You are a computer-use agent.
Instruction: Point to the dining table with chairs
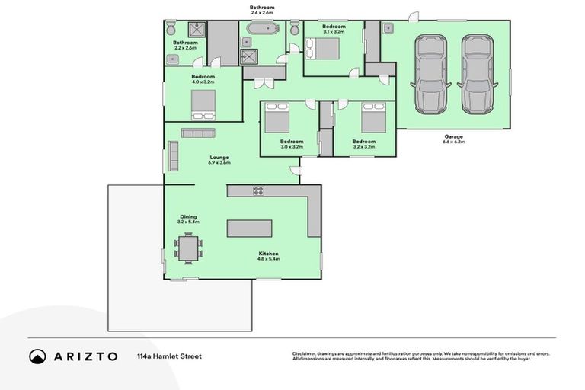(189, 247)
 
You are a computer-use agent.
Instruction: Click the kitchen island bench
(250, 229)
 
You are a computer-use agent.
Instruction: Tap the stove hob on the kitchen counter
(258, 190)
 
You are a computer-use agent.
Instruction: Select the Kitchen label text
(268, 253)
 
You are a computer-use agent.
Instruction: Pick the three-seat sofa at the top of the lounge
(198, 133)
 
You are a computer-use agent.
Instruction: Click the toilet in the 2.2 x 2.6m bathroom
(171, 29)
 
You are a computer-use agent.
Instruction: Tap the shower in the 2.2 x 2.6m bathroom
(197, 28)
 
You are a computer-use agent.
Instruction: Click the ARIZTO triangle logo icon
(37, 356)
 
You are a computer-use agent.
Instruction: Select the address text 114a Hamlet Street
(169, 356)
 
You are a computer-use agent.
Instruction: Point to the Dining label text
(188, 218)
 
